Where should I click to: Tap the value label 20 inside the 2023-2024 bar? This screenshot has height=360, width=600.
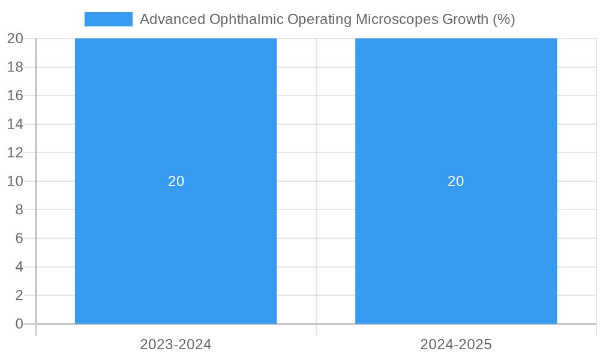(176, 181)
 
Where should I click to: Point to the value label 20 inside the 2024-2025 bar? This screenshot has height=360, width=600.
(456, 181)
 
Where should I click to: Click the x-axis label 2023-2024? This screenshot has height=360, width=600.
(176, 344)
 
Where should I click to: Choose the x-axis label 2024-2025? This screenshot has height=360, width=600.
(456, 344)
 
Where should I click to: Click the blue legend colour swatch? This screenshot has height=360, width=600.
(109, 19)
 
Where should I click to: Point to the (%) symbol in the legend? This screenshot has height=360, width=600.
(503, 19)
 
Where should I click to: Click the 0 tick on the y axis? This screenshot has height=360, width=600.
(19, 324)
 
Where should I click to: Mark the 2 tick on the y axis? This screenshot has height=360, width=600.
(19, 295)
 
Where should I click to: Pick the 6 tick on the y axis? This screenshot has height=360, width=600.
(19, 238)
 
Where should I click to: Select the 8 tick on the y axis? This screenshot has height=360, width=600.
(19, 209)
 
